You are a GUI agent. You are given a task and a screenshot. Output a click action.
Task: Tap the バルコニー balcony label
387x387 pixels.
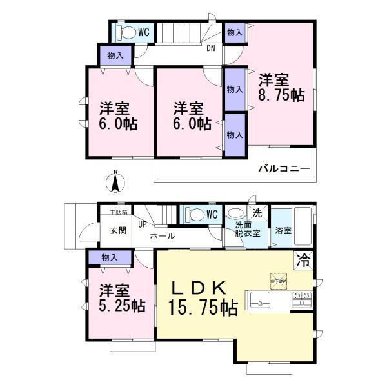[x=284, y=169]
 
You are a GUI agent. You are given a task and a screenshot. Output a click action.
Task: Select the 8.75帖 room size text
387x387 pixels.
[x=281, y=95]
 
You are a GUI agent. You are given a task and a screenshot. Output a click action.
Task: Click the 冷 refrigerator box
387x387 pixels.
[x=303, y=261]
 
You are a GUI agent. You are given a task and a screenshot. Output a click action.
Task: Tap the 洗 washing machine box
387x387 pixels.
[x=257, y=213]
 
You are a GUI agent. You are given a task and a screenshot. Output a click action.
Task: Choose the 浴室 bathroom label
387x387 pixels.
[x=283, y=230]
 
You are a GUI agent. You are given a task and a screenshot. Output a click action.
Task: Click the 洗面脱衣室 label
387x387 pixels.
[x=248, y=230]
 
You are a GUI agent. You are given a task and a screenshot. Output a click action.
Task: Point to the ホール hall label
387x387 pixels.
[x=162, y=236]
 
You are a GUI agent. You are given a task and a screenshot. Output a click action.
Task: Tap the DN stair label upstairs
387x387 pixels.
[x=211, y=47]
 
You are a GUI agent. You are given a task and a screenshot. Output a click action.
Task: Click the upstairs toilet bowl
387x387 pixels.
[x=128, y=32]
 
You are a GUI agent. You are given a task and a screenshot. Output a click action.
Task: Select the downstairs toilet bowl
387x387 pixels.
[x=193, y=214]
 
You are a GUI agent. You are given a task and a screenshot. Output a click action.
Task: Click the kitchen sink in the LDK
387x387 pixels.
[x=260, y=299]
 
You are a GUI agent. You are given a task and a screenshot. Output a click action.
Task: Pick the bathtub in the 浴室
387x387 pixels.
[x=303, y=223]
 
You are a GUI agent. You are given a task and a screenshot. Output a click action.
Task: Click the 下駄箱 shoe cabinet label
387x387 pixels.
[x=117, y=212]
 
